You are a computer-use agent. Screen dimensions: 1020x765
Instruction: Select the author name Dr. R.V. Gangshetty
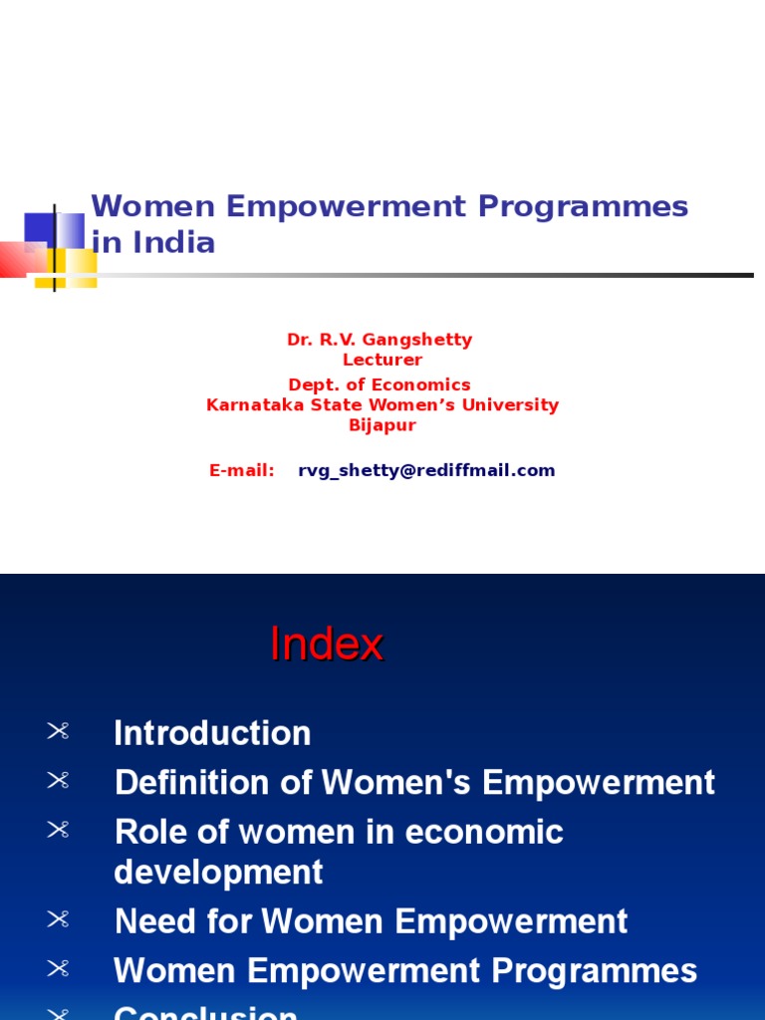[380, 340]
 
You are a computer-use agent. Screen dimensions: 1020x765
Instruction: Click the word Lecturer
[382, 360]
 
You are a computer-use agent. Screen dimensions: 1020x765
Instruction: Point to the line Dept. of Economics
[380, 384]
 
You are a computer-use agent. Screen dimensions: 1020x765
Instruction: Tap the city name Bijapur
[382, 425]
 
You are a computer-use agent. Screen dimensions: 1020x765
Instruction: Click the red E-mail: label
[242, 470]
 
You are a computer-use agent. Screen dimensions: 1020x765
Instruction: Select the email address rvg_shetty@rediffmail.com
[426, 470]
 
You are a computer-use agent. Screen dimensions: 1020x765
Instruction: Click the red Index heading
[326, 644]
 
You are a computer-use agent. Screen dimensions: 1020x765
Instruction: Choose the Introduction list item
[212, 733]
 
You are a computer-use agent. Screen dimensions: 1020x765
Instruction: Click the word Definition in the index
[193, 783]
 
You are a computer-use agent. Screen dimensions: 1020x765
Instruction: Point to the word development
[218, 872]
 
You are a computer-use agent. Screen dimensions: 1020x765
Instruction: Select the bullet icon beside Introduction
[58, 732]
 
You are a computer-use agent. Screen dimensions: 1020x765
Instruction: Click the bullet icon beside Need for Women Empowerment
[58, 920]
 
